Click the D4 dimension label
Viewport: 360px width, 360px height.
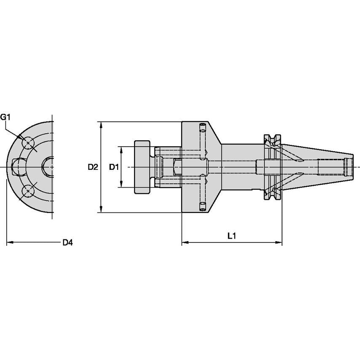coord(67,242)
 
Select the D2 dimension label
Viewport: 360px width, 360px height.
coord(93,167)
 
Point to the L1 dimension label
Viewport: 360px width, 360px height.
coord(231,236)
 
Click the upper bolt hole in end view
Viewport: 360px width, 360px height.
coord(28,143)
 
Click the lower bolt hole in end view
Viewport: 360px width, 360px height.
coord(28,191)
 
